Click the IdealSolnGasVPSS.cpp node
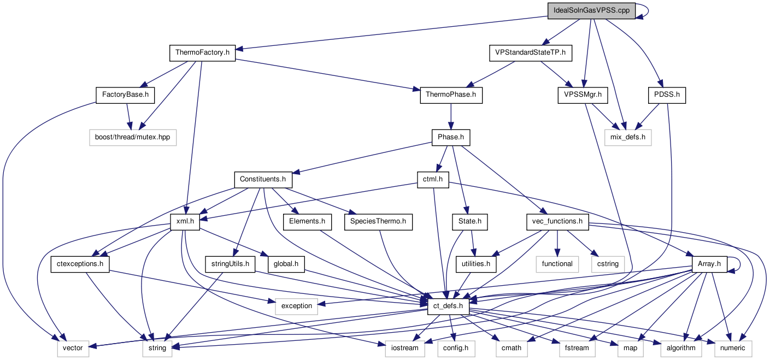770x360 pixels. point(591,11)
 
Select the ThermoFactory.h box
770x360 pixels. point(202,53)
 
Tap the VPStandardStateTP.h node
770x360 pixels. point(530,53)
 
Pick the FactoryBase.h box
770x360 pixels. point(125,95)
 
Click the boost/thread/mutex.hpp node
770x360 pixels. point(133,137)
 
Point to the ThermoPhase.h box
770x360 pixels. point(451,95)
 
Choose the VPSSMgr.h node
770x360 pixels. point(583,95)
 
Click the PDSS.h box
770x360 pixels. point(666,95)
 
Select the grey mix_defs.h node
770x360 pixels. point(628,137)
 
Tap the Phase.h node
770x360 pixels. point(450,137)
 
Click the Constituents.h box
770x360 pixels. point(263,179)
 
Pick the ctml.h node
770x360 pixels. point(433,179)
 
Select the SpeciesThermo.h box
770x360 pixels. point(378,221)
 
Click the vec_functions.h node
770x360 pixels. point(557,221)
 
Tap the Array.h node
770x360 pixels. point(710,264)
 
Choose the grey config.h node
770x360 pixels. point(451,348)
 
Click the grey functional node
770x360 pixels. point(557,264)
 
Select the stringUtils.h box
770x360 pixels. point(231,264)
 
